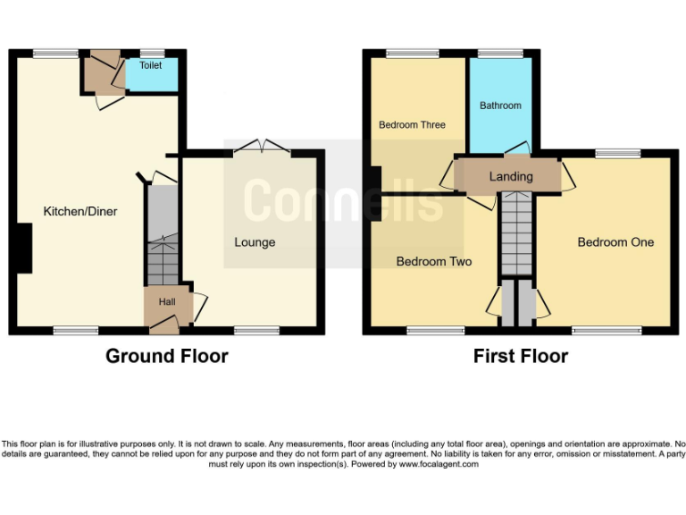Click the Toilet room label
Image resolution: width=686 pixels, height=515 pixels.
pyautogui.click(x=150, y=65)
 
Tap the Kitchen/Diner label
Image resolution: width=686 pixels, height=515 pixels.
pyautogui.click(x=80, y=212)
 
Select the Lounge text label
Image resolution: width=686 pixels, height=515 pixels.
pyautogui.click(x=255, y=242)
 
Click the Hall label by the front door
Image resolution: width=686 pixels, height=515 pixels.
pyautogui.click(x=167, y=302)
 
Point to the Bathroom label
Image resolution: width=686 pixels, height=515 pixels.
pyautogui.click(x=500, y=106)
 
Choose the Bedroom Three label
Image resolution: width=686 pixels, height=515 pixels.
pyautogui.click(x=412, y=125)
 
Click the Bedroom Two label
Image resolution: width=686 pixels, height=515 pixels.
pyautogui.click(x=434, y=262)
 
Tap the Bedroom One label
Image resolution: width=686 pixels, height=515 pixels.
pyautogui.click(x=615, y=242)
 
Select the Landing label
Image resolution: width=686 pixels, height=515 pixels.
pyautogui.click(x=511, y=177)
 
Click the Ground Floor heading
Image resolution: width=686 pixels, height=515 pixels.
pyautogui.click(x=167, y=356)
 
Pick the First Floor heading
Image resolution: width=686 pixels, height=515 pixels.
pyautogui.click(x=521, y=356)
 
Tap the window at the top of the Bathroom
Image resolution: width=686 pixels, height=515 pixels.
pyautogui.click(x=500, y=53)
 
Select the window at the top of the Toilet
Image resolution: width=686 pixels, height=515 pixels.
pyautogui.click(x=152, y=53)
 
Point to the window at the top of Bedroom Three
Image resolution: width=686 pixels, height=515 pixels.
pyautogui.click(x=412, y=53)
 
